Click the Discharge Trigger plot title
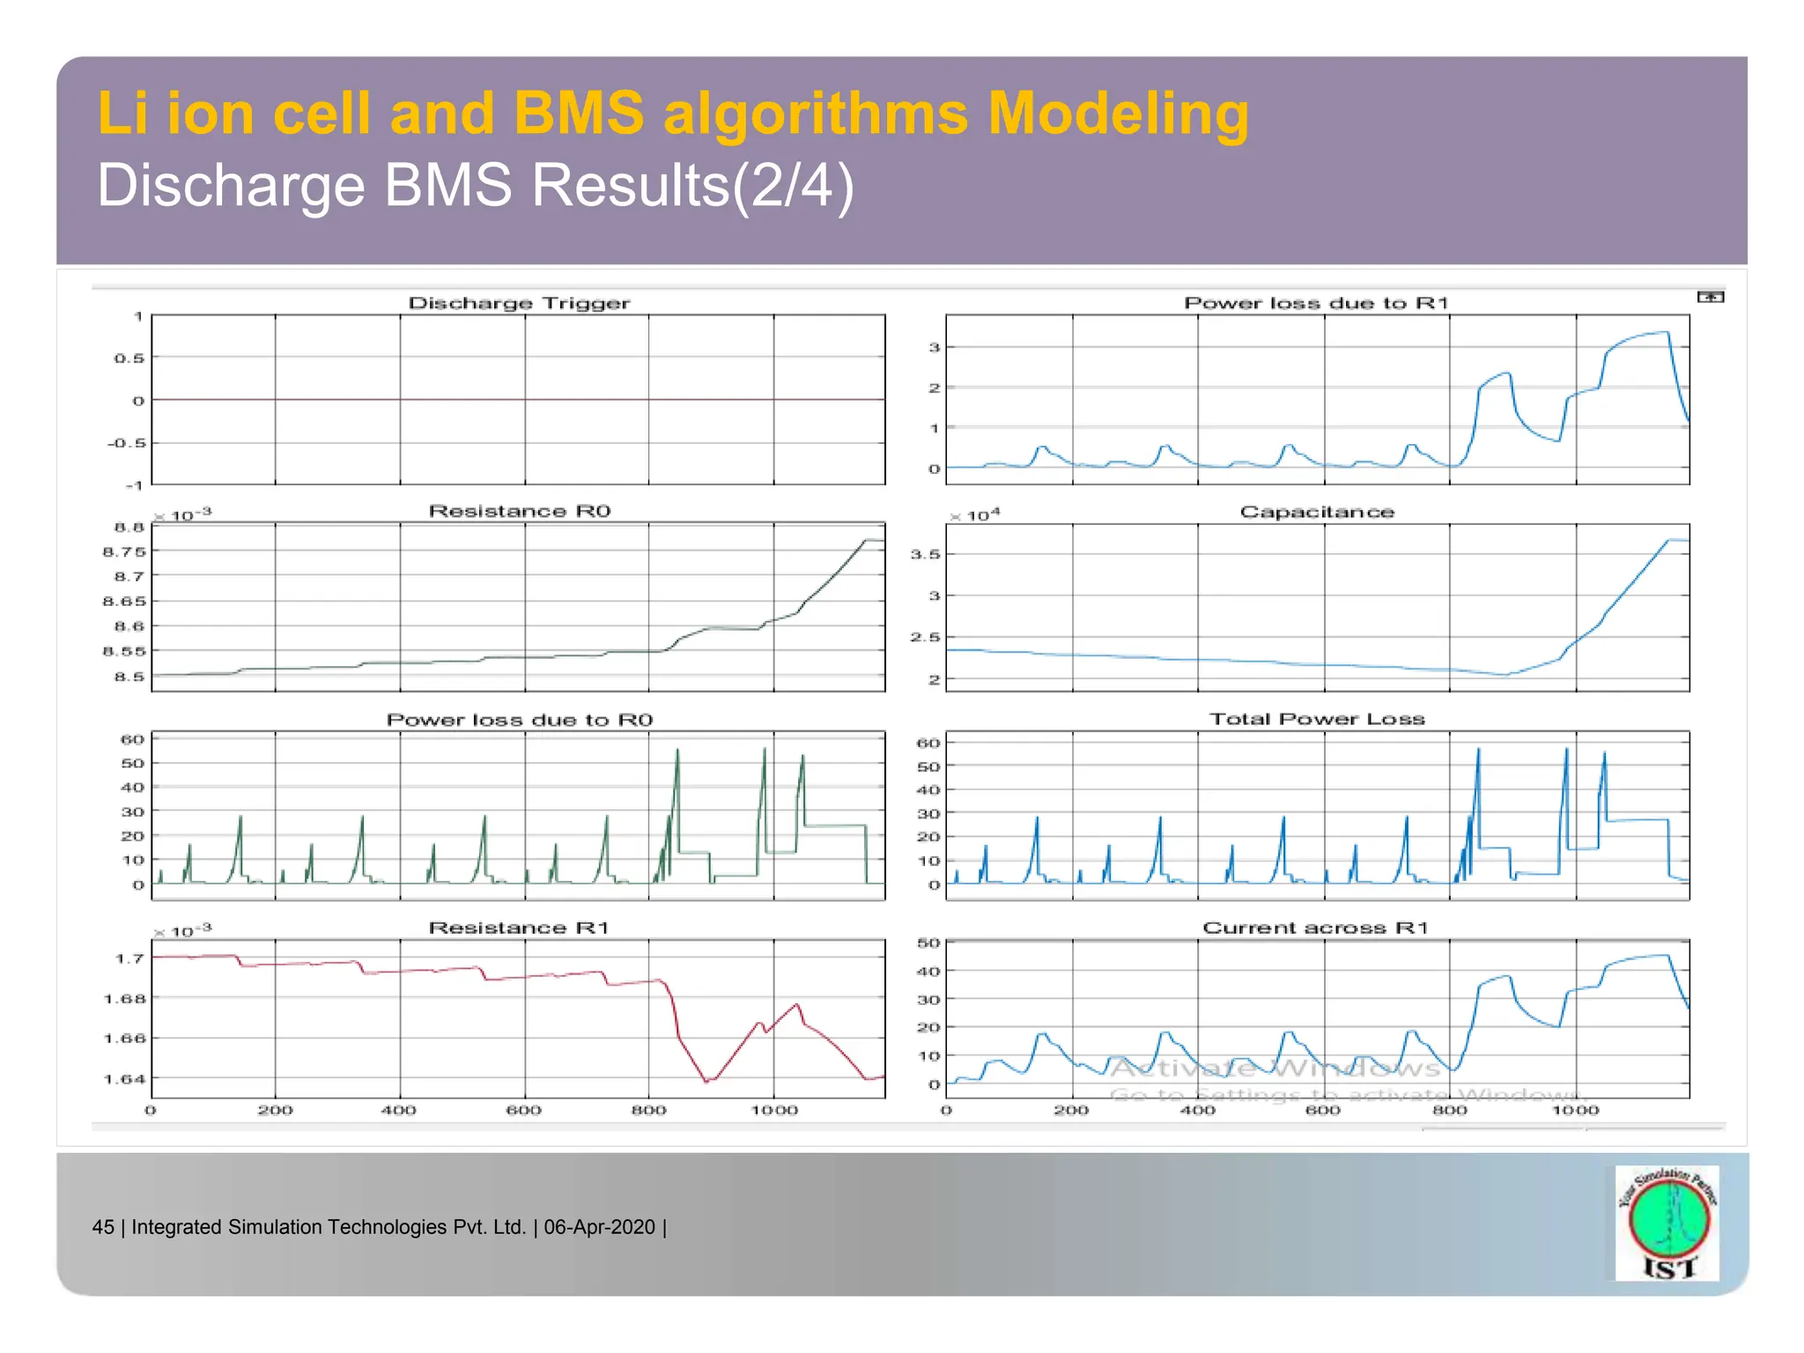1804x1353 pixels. coord(519,303)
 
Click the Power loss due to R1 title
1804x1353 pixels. coord(1316,303)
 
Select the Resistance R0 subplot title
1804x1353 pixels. coord(519,511)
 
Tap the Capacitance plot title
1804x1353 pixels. coord(1317,512)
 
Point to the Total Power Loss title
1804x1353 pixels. coord(1317,719)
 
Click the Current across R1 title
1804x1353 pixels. coord(1315,928)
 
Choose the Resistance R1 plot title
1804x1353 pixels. coord(519,928)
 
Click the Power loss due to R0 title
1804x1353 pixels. coord(519,720)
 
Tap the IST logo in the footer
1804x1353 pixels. coord(1667,1224)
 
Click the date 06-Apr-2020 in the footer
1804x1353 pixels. coord(599,1227)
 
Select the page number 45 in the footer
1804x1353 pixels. coord(103,1227)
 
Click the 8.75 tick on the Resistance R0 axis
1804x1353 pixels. coord(124,551)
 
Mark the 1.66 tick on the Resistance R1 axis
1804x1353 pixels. coord(124,1039)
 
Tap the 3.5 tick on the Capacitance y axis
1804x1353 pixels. coord(925,554)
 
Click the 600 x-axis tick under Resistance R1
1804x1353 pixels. coord(523,1110)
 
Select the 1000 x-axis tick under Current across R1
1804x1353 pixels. coord(1575,1110)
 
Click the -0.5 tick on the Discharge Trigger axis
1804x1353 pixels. coord(125,442)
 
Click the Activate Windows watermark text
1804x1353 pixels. coord(1275,1068)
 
